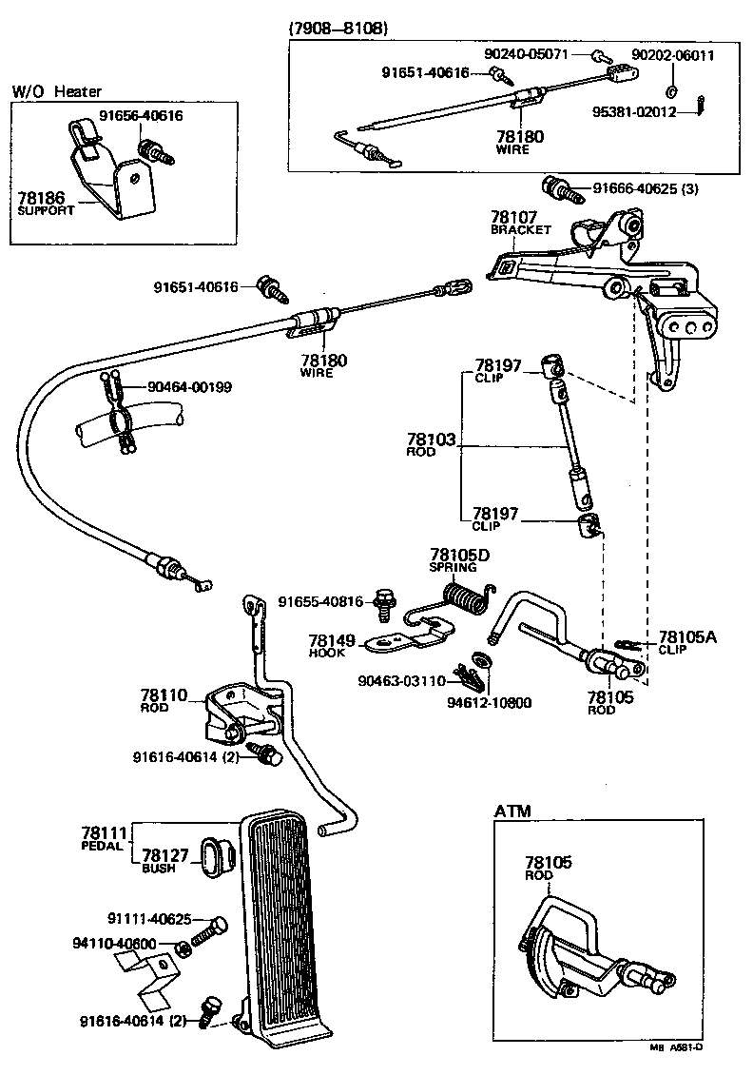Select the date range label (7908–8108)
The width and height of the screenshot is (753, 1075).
338,29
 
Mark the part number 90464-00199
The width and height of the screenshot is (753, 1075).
189,387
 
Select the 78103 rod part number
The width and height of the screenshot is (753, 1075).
432,440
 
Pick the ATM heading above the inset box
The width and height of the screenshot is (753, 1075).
512,811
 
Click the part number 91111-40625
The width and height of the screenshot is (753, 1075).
149,920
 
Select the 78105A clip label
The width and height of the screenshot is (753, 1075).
687,637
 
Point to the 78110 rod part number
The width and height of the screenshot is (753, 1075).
164,695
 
